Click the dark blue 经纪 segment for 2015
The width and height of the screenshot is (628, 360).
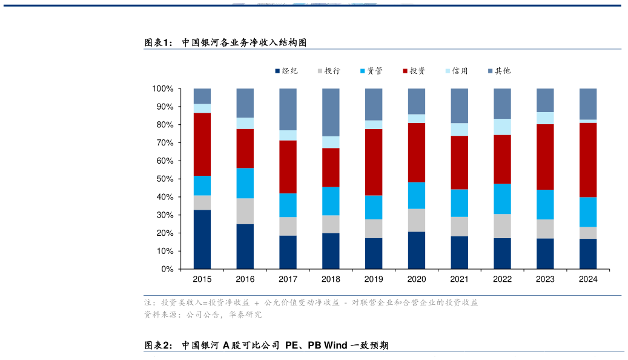pyautogui.click(x=202, y=239)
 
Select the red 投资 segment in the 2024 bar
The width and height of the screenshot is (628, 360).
pyautogui.click(x=588, y=160)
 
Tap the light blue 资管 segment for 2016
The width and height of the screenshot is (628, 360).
pyautogui.click(x=245, y=183)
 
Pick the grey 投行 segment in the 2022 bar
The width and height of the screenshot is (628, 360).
pyautogui.click(x=503, y=226)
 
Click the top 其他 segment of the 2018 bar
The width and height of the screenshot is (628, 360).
pyautogui.click(x=331, y=112)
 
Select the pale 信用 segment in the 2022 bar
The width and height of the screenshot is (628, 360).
pyautogui.click(x=503, y=127)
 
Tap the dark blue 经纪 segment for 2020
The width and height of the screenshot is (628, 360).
pyautogui.click(x=417, y=250)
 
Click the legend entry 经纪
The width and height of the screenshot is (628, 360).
pyautogui.click(x=286, y=71)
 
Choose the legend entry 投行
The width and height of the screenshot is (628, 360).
pyautogui.click(x=328, y=71)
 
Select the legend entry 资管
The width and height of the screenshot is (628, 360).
pyautogui.click(x=371, y=71)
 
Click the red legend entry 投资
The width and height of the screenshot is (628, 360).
pyautogui.click(x=414, y=71)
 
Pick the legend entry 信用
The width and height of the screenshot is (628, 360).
pyautogui.click(x=456, y=71)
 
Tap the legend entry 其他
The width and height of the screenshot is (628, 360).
pyautogui.click(x=498, y=71)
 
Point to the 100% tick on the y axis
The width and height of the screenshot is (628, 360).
pyautogui.click(x=163, y=88)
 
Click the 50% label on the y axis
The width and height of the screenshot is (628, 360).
pyautogui.click(x=165, y=179)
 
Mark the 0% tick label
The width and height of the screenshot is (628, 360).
pyautogui.click(x=167, y=269)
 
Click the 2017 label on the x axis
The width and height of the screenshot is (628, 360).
pyautogui.click(x=288, y=279)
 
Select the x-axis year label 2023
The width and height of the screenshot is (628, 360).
pyautogui.click(x=545, y=279)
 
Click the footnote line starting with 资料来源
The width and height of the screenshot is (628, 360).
pyautogui.click(x=202, y=315)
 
